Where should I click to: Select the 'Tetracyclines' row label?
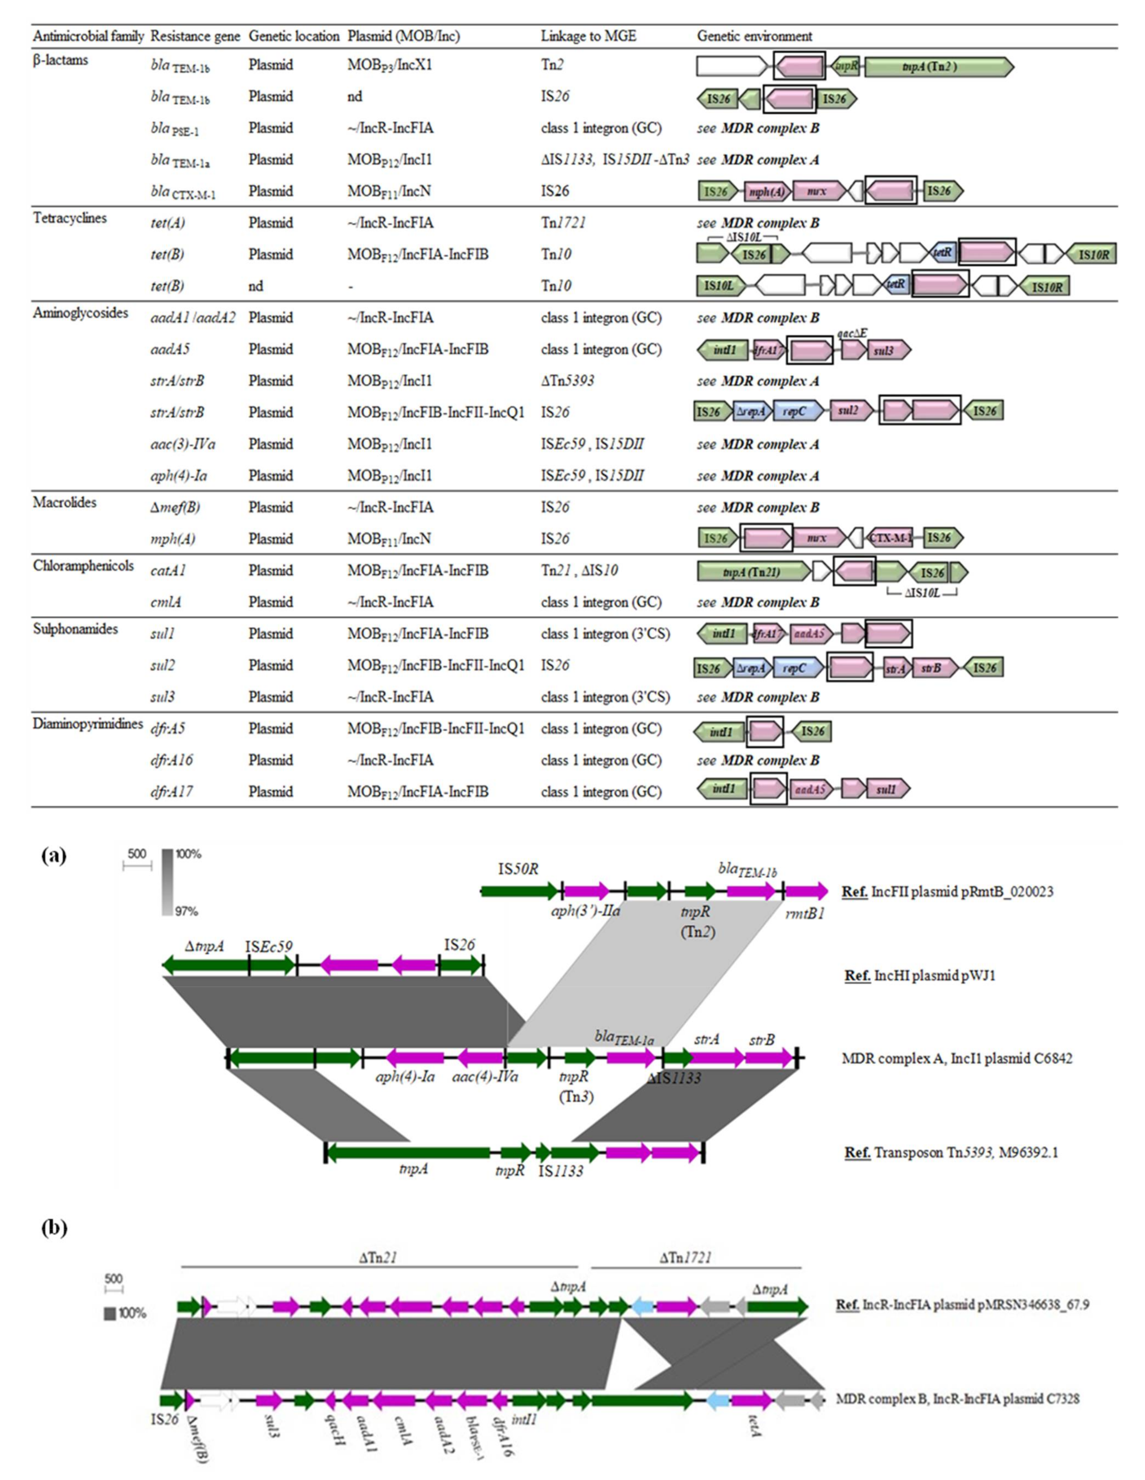70,218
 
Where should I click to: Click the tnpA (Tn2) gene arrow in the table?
938,66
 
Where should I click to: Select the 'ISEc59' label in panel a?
269,946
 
